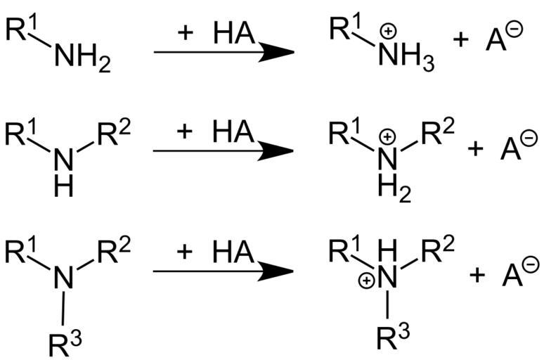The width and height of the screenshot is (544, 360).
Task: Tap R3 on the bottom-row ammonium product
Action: [392, 342]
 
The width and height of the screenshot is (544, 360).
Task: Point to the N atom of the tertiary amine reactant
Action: [65, 278]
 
